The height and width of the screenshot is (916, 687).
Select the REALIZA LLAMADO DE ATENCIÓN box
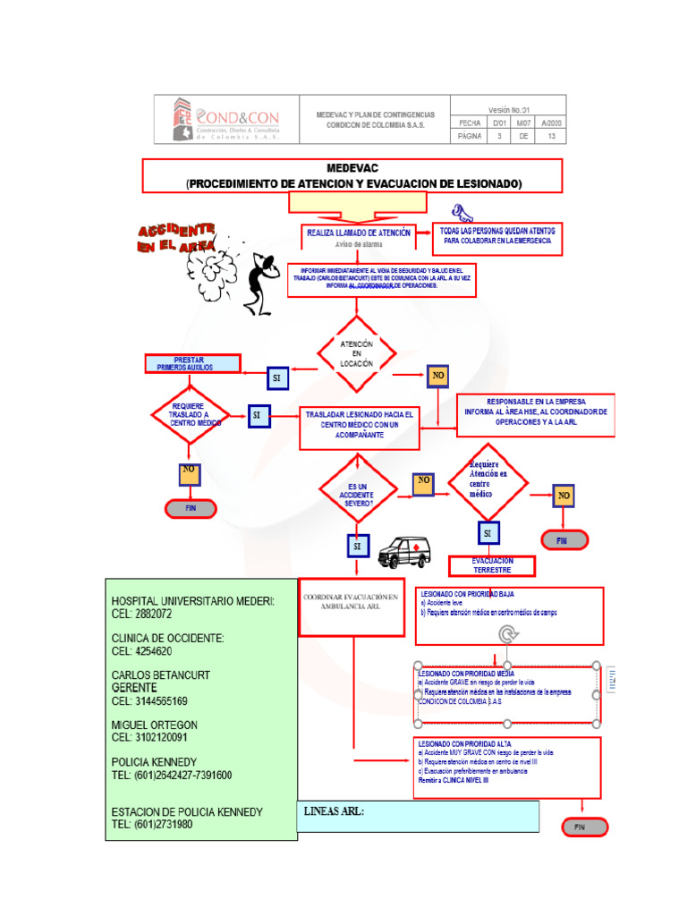click(x=359, y=237)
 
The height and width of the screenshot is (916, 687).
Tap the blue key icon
click(x=462, y=213)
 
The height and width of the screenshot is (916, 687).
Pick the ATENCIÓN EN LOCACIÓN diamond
click(x=356, y=354)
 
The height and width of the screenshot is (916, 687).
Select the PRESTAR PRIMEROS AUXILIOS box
click(x=193, y=363)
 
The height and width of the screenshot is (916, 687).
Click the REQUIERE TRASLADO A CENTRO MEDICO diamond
click(x=189, y=415)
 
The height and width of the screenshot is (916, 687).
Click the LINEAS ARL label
click(x=335, y=812)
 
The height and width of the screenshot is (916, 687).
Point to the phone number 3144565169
click(x=149, y=701)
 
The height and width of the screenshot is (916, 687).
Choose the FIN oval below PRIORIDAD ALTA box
click(x=585, y=827)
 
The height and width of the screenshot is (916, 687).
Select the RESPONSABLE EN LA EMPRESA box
click(x=535, y=412)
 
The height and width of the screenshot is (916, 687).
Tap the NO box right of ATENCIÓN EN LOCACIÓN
click(x=438, y=376)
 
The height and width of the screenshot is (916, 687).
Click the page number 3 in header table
click(x=498, y=137)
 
